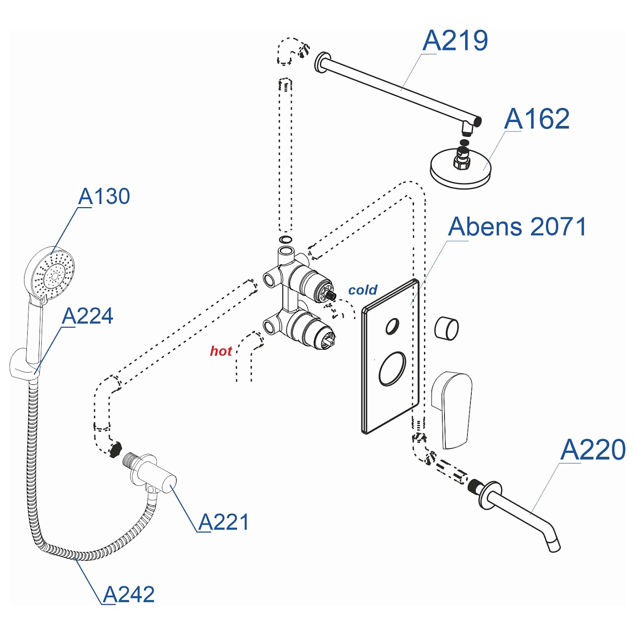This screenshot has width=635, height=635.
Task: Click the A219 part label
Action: click(455, 41)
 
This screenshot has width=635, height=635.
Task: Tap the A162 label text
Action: click(537, 119)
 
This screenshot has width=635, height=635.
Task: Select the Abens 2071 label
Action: click(517, 227)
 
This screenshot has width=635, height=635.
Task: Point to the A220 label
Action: click(593, 450)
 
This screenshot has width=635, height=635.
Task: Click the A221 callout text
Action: click(224, 522)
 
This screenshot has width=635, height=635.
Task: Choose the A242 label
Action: click(129, 594)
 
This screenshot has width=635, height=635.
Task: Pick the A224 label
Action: click(88, 316)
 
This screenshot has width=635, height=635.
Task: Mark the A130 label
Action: click(104, 196)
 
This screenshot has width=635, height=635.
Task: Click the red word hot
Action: click(221, 351)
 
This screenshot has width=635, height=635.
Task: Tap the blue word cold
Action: click(362, 290)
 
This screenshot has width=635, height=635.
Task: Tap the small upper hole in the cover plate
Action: click(392, 326)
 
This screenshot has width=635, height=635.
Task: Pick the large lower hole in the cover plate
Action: click(392, 369)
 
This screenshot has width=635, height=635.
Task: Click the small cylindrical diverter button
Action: click(446, 328)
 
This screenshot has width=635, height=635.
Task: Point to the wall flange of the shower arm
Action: click(321, 63)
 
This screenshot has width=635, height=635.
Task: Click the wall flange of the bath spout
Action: click(490, 494)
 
